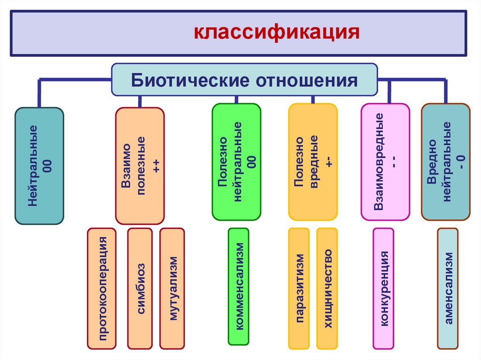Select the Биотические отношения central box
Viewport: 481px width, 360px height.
pyautogui.click(x=244, y=79)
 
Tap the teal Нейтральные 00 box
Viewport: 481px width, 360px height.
pyautogui.click(x=39, y=166)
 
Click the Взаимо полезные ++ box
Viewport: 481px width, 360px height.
pyautogui.click(x=140, y=166)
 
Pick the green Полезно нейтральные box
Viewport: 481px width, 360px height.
pyautogui.click(x=236, y=162)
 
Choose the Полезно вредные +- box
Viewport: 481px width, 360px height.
pyautogui.click(x=312, y=162)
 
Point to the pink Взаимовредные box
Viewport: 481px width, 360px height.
pyautogui.click(x=385, y=162)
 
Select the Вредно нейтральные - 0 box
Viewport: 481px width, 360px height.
pyautogui.click(x=445, y=162)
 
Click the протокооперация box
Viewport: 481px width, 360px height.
pyautogui.click(x=101, y=288)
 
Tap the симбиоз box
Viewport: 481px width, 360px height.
pyautogui.click(x=140, y=288)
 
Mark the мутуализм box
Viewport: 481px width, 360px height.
pyautogui.click(x=172, y=288)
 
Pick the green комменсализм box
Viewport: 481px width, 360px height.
pyautogui.click(x=239, y=287)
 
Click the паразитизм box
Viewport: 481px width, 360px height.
pyautogui.click(x=299, y=288)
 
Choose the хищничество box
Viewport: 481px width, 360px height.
pyautogui.click(x=327, y=288)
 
